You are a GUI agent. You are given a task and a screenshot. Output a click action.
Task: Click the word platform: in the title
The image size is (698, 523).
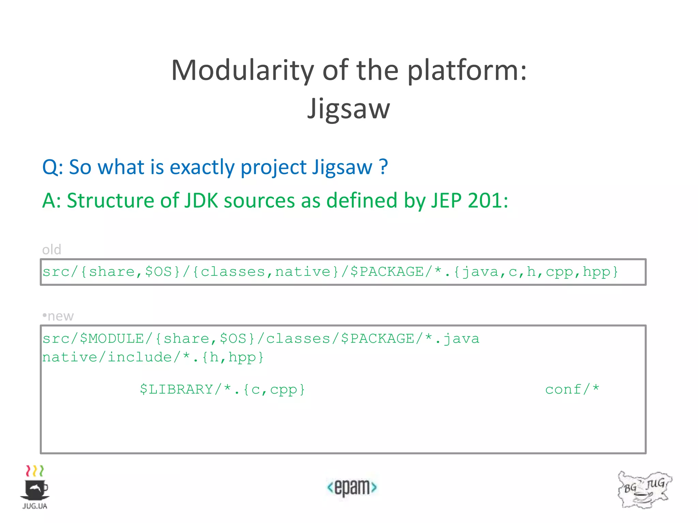pos(467,71)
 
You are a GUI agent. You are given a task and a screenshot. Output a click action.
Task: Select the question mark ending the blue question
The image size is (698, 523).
pos(383,167)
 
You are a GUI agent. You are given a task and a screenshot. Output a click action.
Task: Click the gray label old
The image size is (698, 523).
pos(51,250)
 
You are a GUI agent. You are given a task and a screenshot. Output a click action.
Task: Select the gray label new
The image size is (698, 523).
pos(60,316)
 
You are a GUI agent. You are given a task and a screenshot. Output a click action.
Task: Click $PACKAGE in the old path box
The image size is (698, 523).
pos(387,272)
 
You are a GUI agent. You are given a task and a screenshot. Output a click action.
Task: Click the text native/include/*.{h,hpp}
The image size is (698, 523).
pos(153,357)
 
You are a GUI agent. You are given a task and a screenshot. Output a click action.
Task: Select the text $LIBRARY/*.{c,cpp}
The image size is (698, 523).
pos(223,389)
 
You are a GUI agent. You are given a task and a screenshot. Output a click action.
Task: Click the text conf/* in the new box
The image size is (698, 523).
pos(572,389)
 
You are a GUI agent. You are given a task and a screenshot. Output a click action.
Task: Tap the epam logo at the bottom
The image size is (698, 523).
pos(352,487)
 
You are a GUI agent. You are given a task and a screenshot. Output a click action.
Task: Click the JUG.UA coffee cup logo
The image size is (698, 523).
pos(35,487)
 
